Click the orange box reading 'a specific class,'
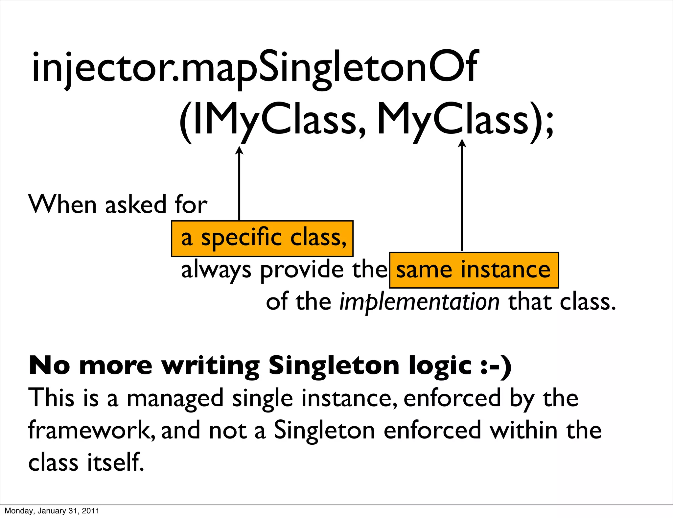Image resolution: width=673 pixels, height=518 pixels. tap(262, 239)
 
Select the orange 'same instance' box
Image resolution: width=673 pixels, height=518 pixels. tap(474, 270)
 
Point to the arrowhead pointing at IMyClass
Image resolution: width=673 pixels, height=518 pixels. tap(239, 151)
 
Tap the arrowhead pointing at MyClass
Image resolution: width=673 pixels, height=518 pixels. tap(462, 143)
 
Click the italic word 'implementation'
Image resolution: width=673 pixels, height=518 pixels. tap(419, 302)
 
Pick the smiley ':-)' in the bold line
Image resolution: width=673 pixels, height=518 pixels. tap(496, 365)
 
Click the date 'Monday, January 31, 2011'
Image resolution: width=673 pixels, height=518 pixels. tap(52, 511)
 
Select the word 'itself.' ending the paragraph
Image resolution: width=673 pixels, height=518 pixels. tap(116, 462)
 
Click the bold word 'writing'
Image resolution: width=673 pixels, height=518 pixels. tap(211, 366)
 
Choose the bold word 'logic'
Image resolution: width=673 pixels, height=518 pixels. tap(440, 366)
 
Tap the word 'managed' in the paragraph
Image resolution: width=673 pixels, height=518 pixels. tap(175, 398)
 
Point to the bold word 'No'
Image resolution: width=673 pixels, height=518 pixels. tap(49, 365)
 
